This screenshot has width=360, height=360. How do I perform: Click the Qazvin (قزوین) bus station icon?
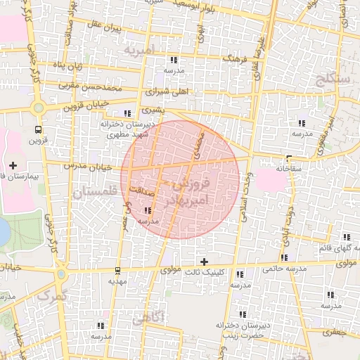click(x=37, y=129)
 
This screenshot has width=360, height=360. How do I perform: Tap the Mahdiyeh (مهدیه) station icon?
click(x=117, y=271)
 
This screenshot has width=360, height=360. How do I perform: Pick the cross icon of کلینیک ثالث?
click(x=204, y=262)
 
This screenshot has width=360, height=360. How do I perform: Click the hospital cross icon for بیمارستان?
click(x=13, y=165)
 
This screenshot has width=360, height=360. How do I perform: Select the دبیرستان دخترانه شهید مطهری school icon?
click(x=127, y=113)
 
